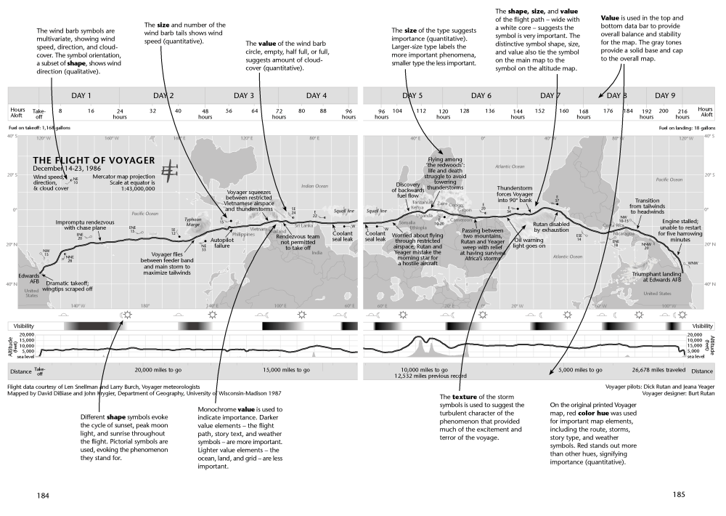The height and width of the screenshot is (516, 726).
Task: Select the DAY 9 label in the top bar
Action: [x=665, y=96]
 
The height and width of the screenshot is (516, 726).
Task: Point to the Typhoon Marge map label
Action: [x=192, y=222]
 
